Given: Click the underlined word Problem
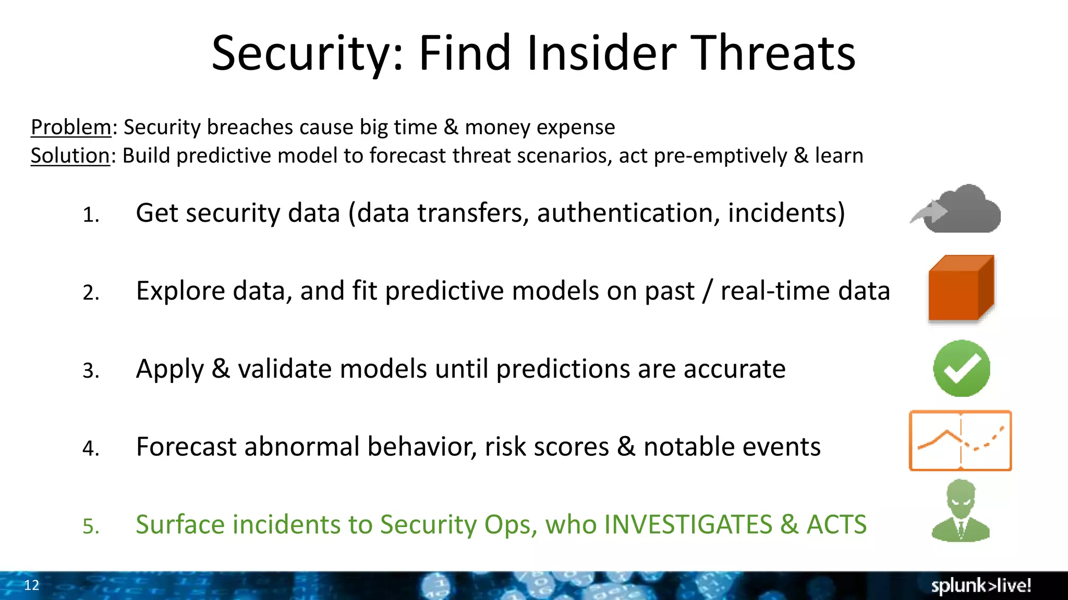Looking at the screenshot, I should (70, 127).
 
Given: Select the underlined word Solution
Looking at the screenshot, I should (70, 156).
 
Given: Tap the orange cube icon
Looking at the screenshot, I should (961, 288).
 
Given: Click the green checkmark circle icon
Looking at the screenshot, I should (962, 368).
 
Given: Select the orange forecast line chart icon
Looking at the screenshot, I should (960, 441).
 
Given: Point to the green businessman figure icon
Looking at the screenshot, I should (961, 511).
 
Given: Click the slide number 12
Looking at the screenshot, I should (31, 585).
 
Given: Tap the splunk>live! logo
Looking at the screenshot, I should (981, 585).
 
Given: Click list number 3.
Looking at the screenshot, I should (91, 371).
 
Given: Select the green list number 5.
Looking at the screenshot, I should (91, 527).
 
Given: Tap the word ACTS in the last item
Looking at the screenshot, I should (836, 524).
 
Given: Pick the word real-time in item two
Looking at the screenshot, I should (775, 291).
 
